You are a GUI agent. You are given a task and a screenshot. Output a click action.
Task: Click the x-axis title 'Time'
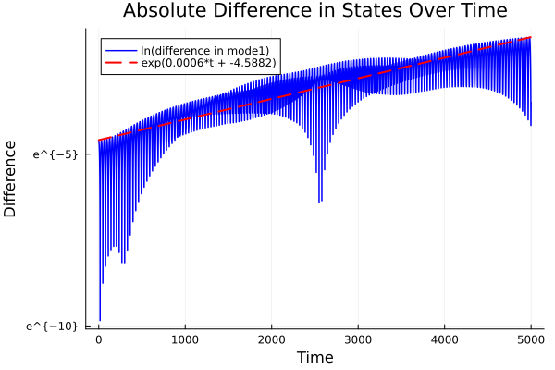pos(315,357)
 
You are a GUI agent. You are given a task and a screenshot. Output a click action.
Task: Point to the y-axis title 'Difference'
pos(11,179)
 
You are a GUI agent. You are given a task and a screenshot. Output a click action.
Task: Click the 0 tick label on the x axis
pos(99,339)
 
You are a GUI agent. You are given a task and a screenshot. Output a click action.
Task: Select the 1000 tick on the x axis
pos(185,339)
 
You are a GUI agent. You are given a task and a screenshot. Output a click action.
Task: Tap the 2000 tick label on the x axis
pos(272,339)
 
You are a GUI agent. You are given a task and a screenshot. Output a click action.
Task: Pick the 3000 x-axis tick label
pos(358,339)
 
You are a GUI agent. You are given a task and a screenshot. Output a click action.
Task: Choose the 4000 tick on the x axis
pos(445,339)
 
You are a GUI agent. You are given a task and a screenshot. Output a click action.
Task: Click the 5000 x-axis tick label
pos(531,339)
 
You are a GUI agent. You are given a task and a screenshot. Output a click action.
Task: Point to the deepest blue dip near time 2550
pos(320,202)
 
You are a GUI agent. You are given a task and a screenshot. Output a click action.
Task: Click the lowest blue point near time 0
pos(100,320)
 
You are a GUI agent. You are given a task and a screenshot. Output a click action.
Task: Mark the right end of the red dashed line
pos(531,38)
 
